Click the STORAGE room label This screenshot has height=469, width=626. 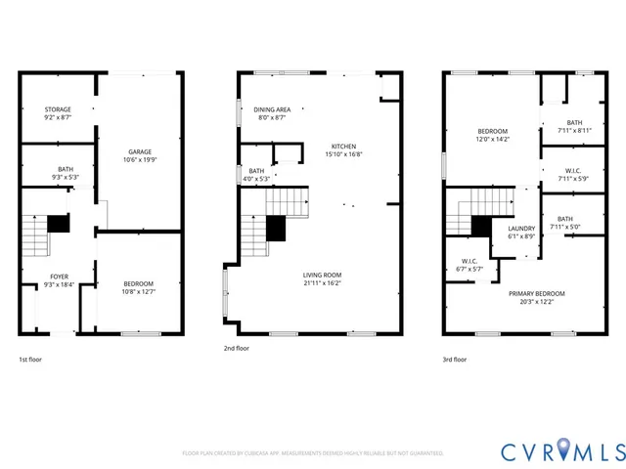[58, 109]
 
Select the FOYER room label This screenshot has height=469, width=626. [60, 277]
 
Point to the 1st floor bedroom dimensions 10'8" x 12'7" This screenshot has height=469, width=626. [139, 291]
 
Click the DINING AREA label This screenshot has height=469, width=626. [270, 109]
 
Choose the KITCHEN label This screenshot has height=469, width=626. [344, 147]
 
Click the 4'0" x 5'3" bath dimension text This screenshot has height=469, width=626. [256, 178]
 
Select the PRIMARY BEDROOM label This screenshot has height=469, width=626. [536, 293]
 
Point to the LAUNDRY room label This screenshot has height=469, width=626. [520, 228]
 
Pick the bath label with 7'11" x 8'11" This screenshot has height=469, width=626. [574, 122]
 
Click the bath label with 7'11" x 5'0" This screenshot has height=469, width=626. [565, 219]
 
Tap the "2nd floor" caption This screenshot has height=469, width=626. [238, 347]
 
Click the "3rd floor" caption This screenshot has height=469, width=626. [455, 360]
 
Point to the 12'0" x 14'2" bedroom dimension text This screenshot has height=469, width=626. [492, 139]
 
